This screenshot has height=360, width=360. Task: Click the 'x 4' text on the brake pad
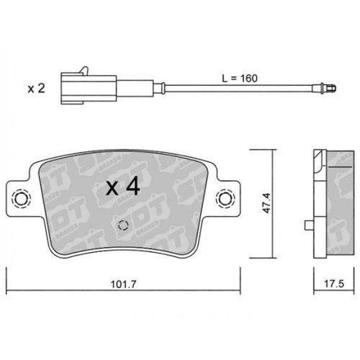point(122,188)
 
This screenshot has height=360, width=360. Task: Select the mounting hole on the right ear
point(226,199)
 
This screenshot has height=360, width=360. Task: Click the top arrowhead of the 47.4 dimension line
point(274,153)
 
